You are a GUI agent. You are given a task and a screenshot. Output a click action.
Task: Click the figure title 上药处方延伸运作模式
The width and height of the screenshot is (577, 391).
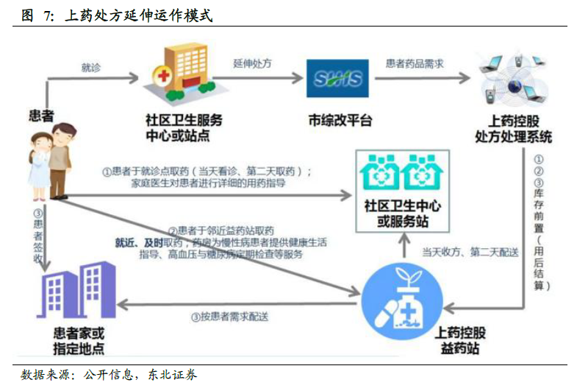(139, 15)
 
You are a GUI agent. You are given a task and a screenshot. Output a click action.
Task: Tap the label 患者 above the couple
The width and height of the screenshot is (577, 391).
(41, 115)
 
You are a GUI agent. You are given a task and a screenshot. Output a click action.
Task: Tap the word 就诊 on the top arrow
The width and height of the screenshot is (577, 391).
(91, 67)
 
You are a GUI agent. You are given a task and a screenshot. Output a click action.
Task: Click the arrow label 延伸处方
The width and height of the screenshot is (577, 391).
(253, 63)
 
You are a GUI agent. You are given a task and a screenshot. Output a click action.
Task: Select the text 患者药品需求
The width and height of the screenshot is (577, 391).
(415, 63)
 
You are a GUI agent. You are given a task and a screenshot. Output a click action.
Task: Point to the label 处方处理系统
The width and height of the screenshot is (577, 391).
(514, 136)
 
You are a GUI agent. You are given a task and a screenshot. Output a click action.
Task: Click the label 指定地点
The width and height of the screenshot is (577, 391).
(79, 348)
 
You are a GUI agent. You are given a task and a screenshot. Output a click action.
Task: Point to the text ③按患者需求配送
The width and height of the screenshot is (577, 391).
(229, 317)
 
